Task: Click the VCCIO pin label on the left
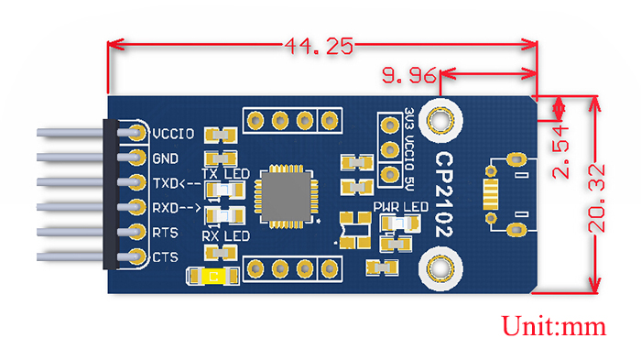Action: (x=173, y=134)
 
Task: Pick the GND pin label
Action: (x=166, y=158)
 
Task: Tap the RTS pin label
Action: (x=166, y=232)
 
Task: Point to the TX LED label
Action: (x=223, y=173)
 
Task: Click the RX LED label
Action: (x=225, y=237)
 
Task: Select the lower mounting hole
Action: (x=440, y=269)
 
